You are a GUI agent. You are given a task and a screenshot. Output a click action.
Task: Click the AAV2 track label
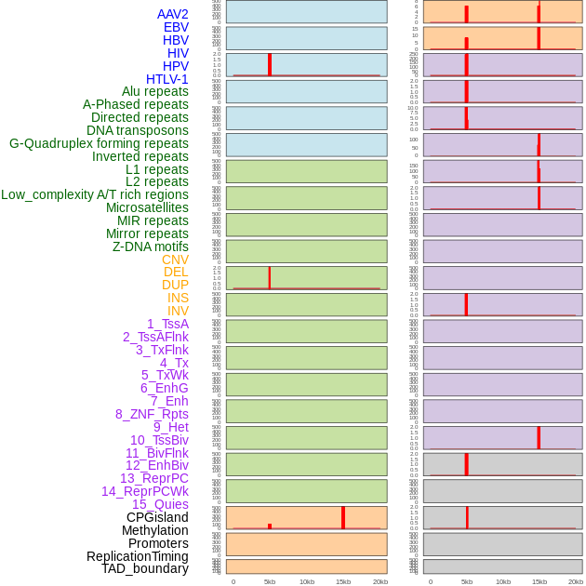tap(172, 14)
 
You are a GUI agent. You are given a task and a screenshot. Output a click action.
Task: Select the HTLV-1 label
tap(166, 79)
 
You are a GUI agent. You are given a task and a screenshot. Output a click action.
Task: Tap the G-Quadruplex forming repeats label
tap(99, 143)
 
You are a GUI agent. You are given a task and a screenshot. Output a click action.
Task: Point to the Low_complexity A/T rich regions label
tap(95, 194)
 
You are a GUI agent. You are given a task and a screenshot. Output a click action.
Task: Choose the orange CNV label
tap(175, 260)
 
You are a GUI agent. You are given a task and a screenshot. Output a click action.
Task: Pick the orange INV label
tap(178, 311)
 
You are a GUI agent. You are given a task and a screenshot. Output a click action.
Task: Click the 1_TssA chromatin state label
tap(167, 324)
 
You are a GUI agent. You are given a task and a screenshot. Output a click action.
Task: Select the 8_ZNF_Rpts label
tap(152, 414)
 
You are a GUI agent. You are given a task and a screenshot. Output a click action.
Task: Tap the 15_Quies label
tap(160, 504)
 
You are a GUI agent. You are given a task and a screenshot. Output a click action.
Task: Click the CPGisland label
tap(157, 517)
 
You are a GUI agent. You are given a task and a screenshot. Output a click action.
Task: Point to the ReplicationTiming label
tap(137, 556)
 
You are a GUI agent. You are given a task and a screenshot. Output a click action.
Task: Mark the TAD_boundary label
tap(144, 568)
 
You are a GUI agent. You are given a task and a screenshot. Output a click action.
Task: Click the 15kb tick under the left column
tap(343, 581)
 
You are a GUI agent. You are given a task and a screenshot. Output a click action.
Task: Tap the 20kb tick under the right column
tap(576, 581)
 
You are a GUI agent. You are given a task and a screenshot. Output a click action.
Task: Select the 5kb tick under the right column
tap(467, 581)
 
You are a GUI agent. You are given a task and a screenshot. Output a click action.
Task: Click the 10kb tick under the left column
tap(307, 581)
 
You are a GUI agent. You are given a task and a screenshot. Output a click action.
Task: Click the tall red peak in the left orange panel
tap(343, 517)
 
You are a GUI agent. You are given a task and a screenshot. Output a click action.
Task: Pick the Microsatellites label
tap(147, 207)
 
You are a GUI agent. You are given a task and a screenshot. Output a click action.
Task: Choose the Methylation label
tap(154, 530)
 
